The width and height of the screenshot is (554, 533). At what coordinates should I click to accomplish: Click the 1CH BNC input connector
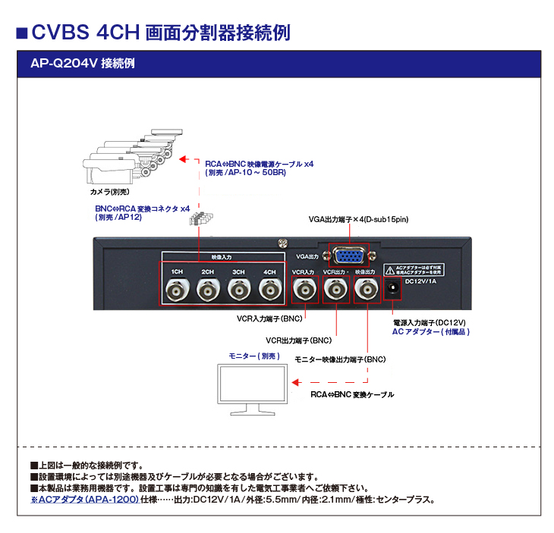(176, 290)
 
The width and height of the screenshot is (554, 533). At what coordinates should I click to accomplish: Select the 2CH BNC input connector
(207, 290)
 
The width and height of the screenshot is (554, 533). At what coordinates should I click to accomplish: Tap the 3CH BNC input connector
(238, 290)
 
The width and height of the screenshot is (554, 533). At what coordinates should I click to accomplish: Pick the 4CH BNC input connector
(269, 290)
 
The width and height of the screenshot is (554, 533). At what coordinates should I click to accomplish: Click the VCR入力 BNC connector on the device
(304, 290)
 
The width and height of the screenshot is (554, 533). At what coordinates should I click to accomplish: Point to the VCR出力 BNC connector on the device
(335, 290)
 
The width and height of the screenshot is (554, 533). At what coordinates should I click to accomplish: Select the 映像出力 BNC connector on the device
(366, 290)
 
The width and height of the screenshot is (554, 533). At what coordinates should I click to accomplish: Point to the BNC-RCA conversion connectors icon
(202, 219)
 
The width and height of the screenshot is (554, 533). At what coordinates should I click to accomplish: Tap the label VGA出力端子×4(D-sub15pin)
(359, 219)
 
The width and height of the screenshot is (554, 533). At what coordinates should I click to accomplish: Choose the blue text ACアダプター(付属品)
(431, 331)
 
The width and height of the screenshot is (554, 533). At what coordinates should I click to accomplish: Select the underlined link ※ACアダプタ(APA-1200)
(84, 500)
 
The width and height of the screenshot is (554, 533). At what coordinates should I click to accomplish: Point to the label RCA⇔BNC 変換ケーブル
(352, 395)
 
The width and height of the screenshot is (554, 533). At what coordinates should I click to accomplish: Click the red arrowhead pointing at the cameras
(183, 159)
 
